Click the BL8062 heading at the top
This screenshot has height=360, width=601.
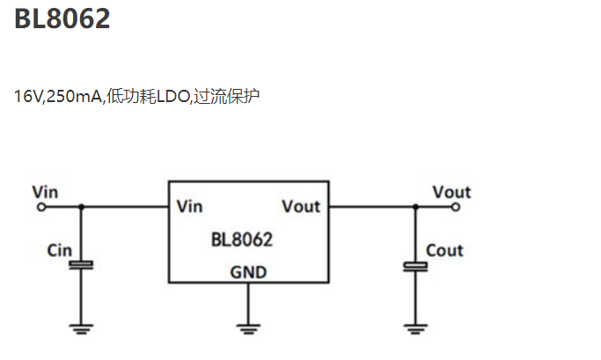pyautogui.click(x=62, y=18)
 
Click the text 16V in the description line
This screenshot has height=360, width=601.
pyautogui.click(x=28, y=95)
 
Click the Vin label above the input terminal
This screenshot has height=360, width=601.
pyautogui.click(x=45, y=191)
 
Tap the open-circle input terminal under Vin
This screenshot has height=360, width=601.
pyautogui.click(x=40, y=207)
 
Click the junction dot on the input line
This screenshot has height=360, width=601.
pyautogui.click(x=82, y=207)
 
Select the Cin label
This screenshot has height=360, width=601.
pyautogui.click(x=59, y=251)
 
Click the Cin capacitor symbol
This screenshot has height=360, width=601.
pyautogui.click(x=82, y=264)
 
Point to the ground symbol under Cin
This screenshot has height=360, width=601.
pyautogui.click(x=82, y=330)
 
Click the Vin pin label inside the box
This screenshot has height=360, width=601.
pyautogui.click(x=190, y=207)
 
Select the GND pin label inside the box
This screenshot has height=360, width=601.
pyautogui.click(x=248, y=272)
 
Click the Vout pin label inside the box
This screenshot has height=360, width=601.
pyautogui.click(x=301, y=207)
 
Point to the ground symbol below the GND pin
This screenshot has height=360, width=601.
pyautogui.click(x=248, y=330)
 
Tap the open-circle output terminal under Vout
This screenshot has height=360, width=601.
pyautogui.click(x=456, y=207)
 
